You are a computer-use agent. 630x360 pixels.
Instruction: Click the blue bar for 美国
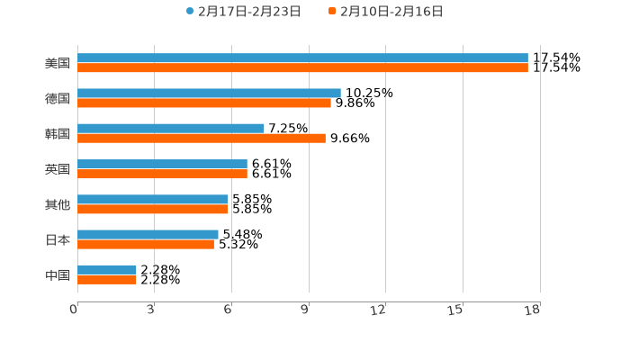(302, 58)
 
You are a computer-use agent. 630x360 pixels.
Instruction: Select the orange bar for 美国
(302, 67)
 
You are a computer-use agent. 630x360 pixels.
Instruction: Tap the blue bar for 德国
(209, 93)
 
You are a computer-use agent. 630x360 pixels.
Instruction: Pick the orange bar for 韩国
(202, 139)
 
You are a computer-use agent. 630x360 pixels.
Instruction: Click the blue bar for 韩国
(171, 128)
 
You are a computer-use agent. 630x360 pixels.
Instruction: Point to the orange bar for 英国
(162, 174)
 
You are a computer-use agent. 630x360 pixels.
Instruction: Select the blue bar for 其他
(153, 199)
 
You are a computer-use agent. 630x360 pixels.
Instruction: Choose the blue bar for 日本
(148, 234)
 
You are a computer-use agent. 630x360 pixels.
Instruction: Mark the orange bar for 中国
(107, 280)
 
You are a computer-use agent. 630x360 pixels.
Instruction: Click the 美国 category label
(58, 63)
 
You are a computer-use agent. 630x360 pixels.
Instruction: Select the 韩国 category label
(58, 133)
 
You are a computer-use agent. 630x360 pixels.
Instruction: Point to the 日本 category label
(58, 239)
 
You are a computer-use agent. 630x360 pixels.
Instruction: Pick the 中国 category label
(58, 274)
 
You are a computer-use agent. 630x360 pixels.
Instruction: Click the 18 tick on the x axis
(532, 310)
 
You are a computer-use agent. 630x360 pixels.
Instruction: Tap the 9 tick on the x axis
(305, 310)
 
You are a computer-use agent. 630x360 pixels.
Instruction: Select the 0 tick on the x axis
(74, 310)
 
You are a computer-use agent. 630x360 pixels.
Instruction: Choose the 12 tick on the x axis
(378, 310)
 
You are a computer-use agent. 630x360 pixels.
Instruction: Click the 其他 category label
(58, 204)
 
